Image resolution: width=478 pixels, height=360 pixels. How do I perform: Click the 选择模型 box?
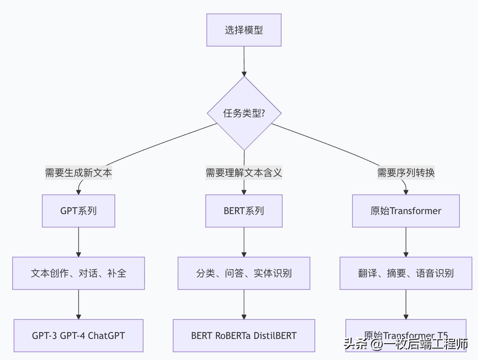point(244,30)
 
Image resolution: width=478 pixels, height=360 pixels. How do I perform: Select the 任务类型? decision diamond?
point(244,113)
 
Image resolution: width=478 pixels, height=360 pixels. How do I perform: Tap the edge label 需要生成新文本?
point(78,173)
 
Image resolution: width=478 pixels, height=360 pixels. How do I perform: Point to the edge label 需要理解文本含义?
point(244,173)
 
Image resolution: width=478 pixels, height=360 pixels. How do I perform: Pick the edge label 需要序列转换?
point(406,173)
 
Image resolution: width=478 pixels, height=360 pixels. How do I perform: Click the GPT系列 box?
point(78,211)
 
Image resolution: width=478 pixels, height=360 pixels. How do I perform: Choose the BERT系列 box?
point(244,211)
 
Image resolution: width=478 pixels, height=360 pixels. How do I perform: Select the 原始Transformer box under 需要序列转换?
point(406,211)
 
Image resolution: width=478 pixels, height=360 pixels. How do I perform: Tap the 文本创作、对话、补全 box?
point(78,273)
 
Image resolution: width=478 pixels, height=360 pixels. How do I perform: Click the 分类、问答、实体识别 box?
point(244,273)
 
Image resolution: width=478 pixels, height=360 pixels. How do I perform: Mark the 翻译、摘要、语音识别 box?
point(406,273)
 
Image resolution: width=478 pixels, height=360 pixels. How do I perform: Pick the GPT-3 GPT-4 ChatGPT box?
point(78,336)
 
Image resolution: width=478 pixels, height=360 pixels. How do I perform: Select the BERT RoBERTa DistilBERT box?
point(244,336)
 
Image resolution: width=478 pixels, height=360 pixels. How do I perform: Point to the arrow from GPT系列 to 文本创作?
point(78,242)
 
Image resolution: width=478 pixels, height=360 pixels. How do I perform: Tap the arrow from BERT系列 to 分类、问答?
point(244,242)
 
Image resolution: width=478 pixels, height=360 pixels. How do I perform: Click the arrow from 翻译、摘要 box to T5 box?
point(406,304)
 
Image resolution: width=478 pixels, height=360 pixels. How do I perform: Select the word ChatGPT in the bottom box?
point(106,336)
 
